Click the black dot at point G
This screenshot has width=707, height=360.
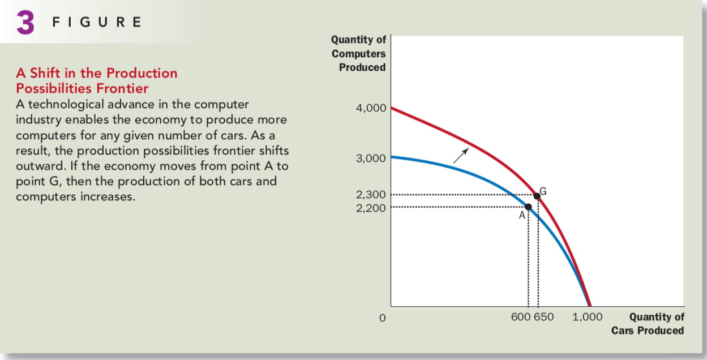537,196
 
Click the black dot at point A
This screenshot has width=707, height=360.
528,207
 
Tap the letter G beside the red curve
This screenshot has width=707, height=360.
543,191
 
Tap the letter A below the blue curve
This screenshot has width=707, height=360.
522,215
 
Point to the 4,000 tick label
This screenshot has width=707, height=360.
371,108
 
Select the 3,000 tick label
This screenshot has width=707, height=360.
371,158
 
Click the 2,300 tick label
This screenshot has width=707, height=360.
371,195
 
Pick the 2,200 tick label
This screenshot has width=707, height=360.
371,208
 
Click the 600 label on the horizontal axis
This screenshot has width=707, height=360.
520,317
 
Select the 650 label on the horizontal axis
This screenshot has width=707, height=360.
544,317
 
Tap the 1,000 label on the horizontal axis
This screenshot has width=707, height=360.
588,317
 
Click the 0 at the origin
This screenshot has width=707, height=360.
382,318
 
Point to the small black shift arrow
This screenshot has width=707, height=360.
461,156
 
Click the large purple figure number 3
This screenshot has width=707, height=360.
25,22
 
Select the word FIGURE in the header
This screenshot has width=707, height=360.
97,22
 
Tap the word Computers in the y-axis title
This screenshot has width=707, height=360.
358,54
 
